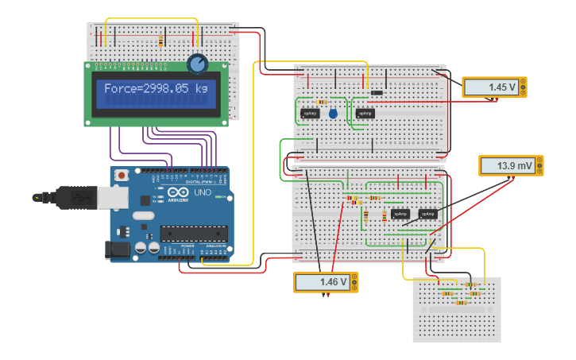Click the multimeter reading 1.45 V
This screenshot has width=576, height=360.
[493, 87]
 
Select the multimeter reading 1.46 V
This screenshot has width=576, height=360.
[326, 282]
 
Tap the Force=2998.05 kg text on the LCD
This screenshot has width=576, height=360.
[155, 89]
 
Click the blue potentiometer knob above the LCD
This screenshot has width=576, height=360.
[196, 64]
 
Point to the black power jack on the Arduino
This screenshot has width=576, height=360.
[118, 250]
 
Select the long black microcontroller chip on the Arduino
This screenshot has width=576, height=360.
[194, 234]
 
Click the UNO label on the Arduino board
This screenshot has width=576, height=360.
[202, 192]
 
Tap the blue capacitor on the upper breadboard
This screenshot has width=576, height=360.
[333, 114]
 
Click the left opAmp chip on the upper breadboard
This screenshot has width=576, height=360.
[310, 113]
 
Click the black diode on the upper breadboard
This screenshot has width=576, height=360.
[377, 93]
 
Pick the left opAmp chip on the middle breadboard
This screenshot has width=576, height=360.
[400, 214]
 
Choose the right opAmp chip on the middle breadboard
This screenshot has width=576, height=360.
[428, 214]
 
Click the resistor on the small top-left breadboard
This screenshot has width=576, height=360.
[161, 41]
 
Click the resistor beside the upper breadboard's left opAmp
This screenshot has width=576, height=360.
[322, 102]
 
